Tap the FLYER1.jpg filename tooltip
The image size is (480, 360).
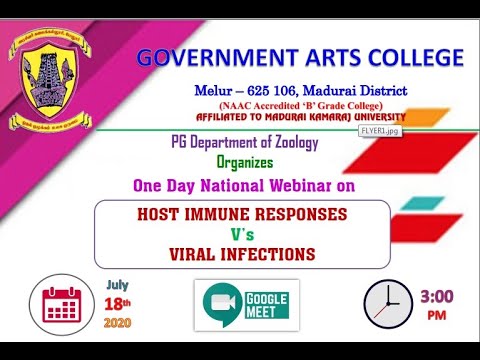click(380, 130)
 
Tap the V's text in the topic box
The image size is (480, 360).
click(243, 234)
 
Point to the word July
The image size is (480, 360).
click(118, 284)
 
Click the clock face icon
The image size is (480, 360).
click(386, 302)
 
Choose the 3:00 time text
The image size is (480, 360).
click(439, 297)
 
